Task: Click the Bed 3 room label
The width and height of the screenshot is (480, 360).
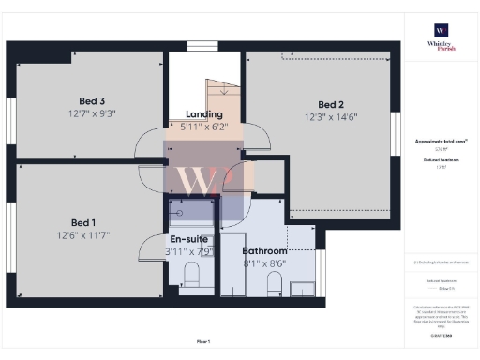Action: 91,101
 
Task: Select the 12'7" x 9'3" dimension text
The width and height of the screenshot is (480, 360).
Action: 91,113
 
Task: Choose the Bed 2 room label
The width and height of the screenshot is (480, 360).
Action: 332,104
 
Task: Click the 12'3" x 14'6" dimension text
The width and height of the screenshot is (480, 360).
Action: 332,117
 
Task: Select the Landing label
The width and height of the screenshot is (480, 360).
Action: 204,113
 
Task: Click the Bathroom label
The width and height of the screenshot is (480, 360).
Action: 264,251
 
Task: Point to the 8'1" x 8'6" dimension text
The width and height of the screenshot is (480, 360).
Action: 264,264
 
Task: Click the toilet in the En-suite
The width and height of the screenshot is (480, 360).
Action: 190,275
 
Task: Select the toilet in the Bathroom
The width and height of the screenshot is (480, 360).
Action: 275,281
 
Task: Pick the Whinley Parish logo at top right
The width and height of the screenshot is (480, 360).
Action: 441,37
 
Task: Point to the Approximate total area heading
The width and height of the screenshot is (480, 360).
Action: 441,139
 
